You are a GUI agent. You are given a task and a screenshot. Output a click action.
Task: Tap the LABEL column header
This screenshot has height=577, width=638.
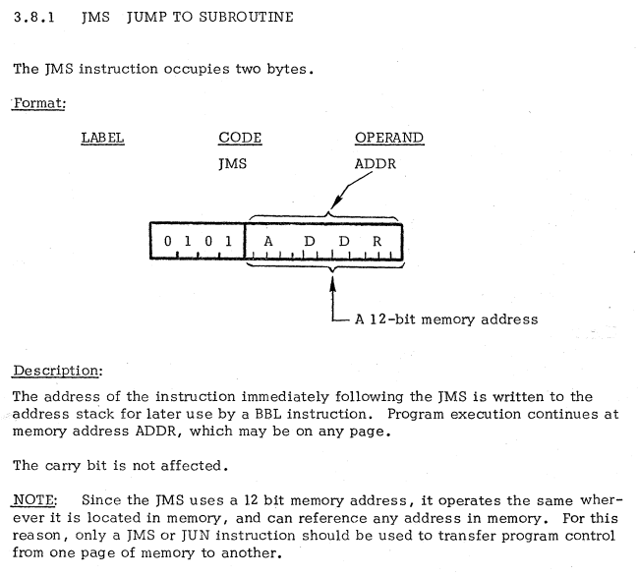[x=102, y=138]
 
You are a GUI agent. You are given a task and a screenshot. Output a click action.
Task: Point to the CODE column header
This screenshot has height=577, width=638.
[x=240, y=138]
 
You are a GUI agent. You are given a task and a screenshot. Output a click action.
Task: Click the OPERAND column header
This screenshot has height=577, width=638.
[x=389, y=138]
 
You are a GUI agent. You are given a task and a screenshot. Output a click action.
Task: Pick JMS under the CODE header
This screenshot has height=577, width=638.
[x=233, y=163]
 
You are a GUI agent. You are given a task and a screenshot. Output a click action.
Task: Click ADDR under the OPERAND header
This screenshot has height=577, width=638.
[x=376, y=163]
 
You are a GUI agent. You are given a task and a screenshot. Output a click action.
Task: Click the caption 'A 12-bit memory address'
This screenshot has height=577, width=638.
[x=447, y=318]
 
